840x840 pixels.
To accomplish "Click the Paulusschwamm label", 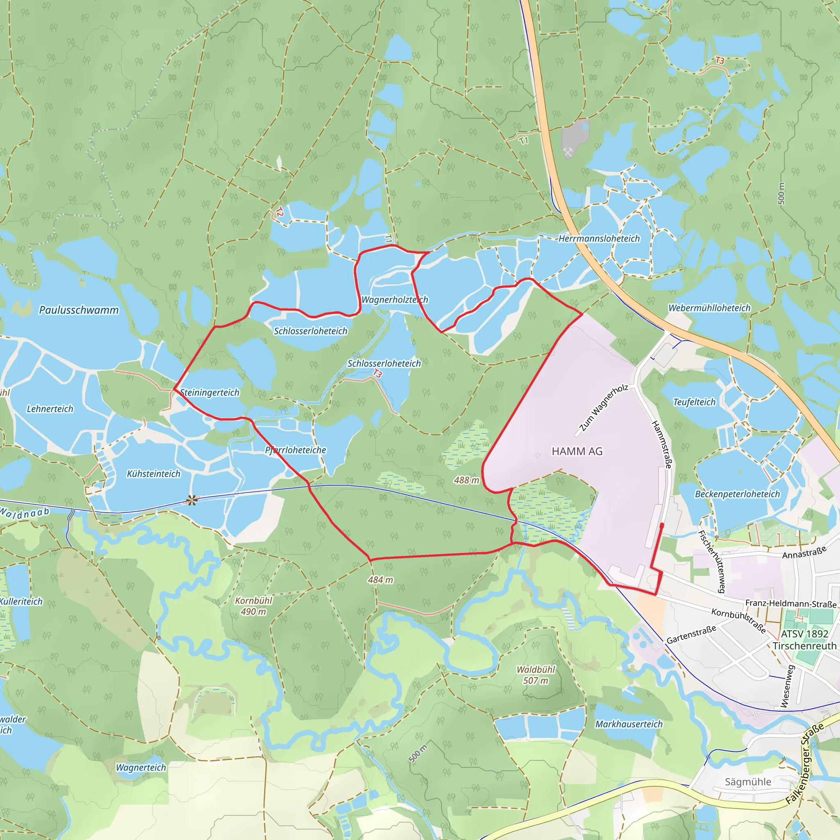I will pyautogui.click(x=79, y=310).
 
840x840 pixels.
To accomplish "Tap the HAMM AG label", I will pyautogui.click(x=577, y=451).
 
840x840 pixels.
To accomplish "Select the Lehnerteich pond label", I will pyautogui.click(x=50, y=409).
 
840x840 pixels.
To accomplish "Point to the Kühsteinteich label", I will pyautogui.click(x=153, y=473).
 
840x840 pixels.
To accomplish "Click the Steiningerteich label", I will pyautogui.click(x=210, y=392).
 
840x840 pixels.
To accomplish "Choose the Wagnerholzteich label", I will pyautogui.click(x=394, y=299).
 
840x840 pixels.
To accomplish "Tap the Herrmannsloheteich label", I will pyautogui.click(x=599, y=238).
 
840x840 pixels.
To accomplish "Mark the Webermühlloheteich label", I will pyautogui.click(x=709, y=308).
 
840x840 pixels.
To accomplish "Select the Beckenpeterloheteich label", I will pyautogui.click(x=737, y=494).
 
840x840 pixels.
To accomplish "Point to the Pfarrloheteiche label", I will pyautogui.click(x=296, y=450).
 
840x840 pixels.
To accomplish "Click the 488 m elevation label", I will pyautogui.click(x=466, y=480).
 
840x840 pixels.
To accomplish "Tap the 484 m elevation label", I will pyautogui.click(x=381, y=580).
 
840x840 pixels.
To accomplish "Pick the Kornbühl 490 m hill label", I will pyautogui.click(x=253, y=606).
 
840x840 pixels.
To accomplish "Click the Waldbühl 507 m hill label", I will pyautogui.click(x=536, y=675).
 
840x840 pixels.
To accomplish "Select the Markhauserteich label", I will pyautogui.click(x=629, y=724).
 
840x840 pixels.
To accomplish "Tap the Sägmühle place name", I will pyautogui.click(x=748, y=782).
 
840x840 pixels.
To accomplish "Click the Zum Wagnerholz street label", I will pyautogui.click(x=604, y=407).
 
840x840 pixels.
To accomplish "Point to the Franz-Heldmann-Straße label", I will pyautogui.click(x=790, y=603).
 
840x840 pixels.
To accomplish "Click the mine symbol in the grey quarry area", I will pyautogui.click(x=568, y=152).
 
